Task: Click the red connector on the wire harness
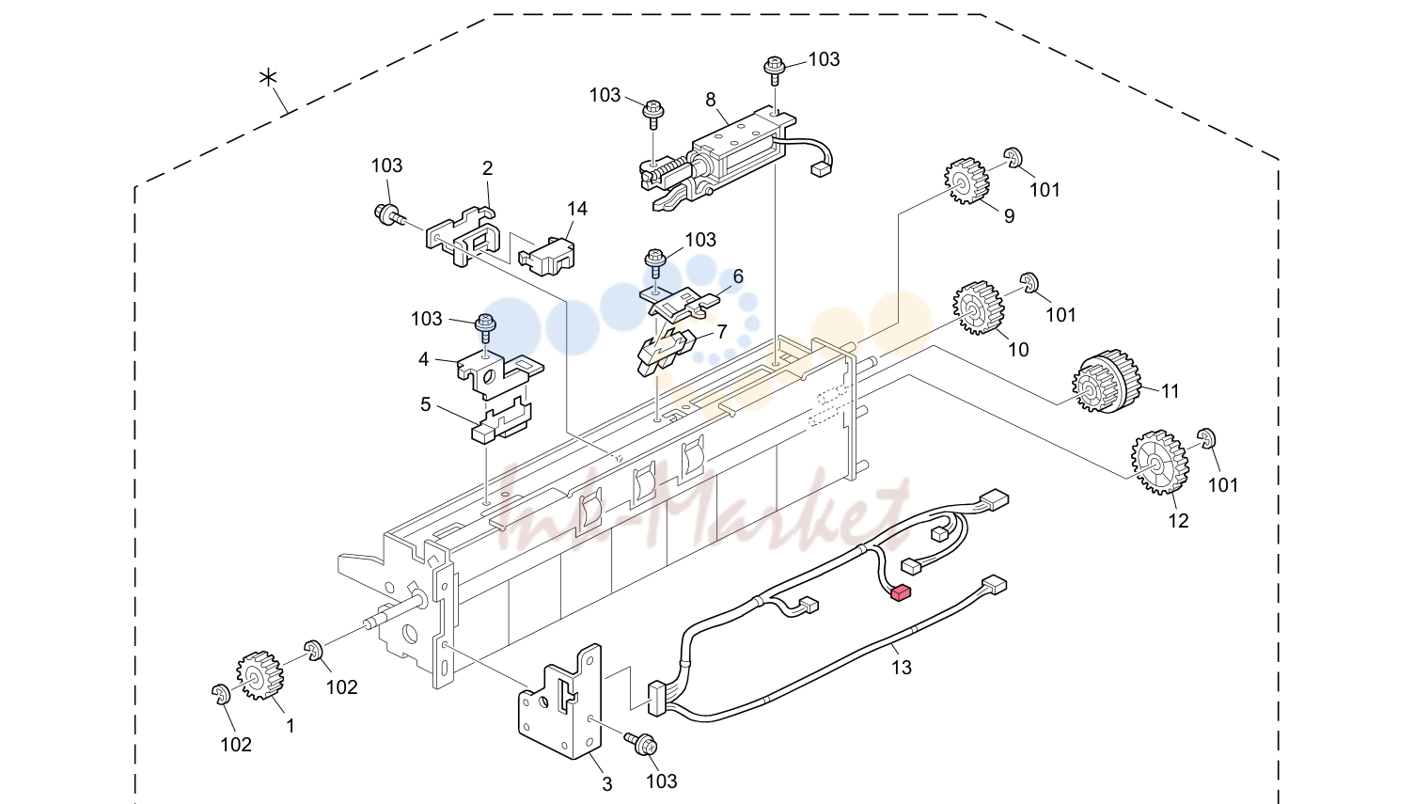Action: coord(900,592)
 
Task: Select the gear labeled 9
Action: coord(966,181)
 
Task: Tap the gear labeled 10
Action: coord(979,307)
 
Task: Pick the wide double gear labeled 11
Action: coord(1106,381)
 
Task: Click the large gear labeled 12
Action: coord(1159,463)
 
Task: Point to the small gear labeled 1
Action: coord(259,675)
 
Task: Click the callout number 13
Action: coord(901,667)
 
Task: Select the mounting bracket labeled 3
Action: coord(560,702)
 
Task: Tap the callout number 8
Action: coord(710,100)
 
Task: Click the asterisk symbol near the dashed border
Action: coord(268,78)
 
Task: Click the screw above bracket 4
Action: coord(485,328)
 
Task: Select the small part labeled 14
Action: coord(546,256)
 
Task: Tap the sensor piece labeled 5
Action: coord(502,421)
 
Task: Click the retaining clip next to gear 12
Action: coord(1206,438)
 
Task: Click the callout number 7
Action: coord(721,331)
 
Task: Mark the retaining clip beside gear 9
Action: coord(1013,158)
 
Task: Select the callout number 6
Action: coord(737,276)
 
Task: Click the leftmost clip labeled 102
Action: coord(220,693)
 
